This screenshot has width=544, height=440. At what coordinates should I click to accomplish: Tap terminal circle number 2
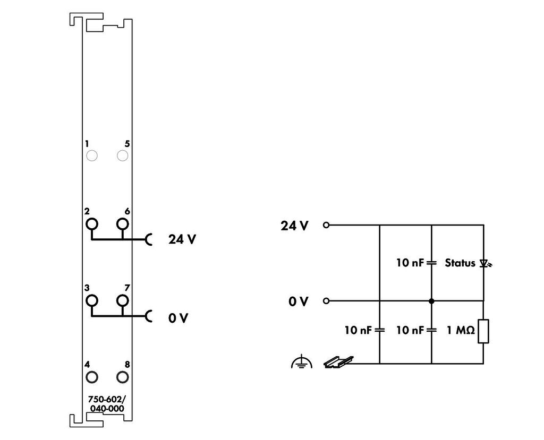tap(92, 219)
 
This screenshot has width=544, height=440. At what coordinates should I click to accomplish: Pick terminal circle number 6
tap(123, 219)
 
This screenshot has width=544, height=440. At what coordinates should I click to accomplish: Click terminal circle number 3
tap(92, 295)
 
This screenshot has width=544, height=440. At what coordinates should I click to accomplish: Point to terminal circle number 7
tap(123, 295)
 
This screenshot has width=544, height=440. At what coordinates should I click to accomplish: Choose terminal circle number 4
tap(92, 372)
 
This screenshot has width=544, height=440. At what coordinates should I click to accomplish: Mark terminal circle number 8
tap(123, 372)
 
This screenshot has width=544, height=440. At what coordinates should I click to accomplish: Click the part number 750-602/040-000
tap(107, 403)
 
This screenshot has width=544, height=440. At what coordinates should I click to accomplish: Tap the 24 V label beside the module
tap(182, 239)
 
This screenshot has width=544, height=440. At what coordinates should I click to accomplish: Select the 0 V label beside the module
tap(178, 318)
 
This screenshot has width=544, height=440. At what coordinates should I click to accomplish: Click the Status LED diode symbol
tap(485, 264)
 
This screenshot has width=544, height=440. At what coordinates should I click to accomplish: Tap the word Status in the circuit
tap(460, 263)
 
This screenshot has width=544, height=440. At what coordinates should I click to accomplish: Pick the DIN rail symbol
tap(338, 362)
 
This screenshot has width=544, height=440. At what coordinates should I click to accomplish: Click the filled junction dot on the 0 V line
tap(431, 301)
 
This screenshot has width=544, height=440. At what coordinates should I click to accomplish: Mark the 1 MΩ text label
tap(461, 331)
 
